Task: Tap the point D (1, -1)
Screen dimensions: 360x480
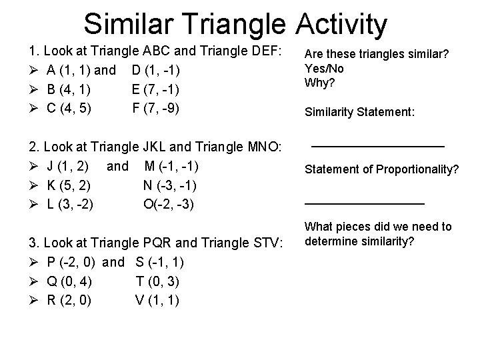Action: coord(155,70)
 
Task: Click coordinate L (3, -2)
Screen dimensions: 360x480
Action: coord(70,203)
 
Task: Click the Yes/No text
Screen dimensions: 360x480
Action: coord(325,69)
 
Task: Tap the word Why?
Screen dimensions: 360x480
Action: coord(320,83)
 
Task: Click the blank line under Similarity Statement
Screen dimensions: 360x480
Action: coord(378,145)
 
